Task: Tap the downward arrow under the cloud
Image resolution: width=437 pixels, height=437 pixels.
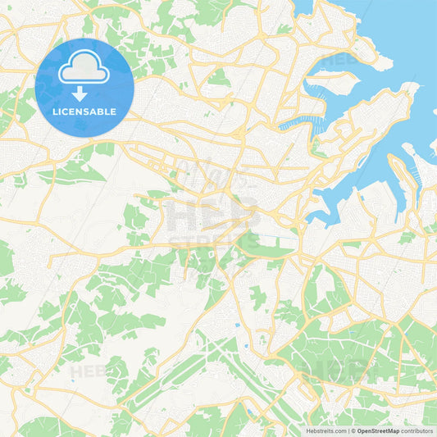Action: click(79, 92)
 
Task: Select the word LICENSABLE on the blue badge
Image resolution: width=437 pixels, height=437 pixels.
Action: click(84, 112)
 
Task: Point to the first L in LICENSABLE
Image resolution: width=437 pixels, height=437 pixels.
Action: click(55, 112)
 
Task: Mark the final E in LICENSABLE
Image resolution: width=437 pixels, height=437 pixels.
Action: click(113, 112)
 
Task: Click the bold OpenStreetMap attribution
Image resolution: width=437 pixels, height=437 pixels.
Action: click(378, 430)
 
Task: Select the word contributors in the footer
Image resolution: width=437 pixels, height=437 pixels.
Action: click(418, 430)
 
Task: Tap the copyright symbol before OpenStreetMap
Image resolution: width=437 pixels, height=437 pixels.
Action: click(353, 430)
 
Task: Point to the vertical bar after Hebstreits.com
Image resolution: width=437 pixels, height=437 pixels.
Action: click(348, 430)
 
